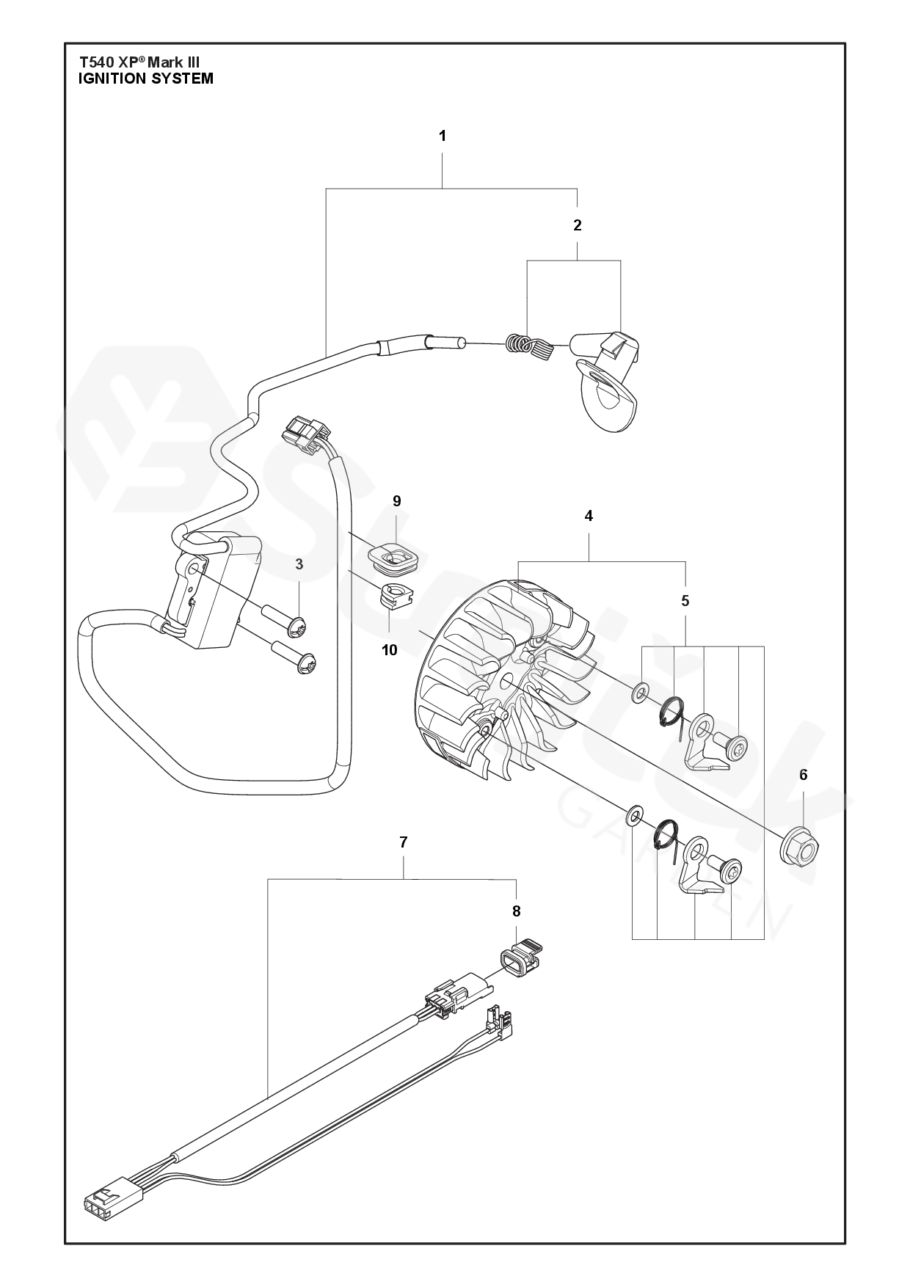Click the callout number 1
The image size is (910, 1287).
pyautogui.click(x=442, y=136)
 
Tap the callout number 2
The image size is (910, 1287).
pyautogui.click(x=577, y=225)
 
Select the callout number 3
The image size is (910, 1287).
pyautogui.click(x=299, y=564)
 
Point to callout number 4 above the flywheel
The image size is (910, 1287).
pyautogui.click(x=589, y=516)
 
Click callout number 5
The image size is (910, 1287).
pyautogui.click(x=685, y=601)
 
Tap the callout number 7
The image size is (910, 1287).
pyautogui.click(x=404, y=842)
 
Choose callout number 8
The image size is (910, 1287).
pyautogui.click(x=516, y=911)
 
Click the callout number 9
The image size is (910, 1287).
pyautogui.click(x=396, y=501)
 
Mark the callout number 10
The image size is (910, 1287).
pyautogui.click(x=389, y=649)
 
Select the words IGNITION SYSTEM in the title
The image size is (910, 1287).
pyautogui.click(x=146, y=79)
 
